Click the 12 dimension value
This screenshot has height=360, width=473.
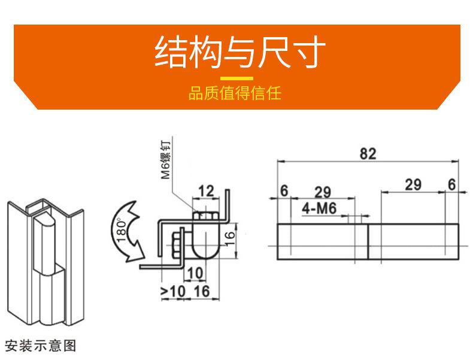pyautogui.click(x=205, y=192)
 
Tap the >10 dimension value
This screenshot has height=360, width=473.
pyautogui.click(x=173, y=291)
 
